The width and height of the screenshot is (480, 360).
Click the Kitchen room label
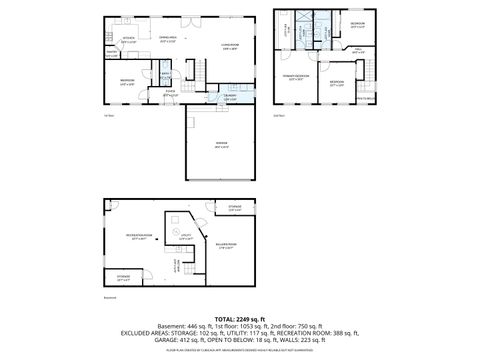tap(128, 40)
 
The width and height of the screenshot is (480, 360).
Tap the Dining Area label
tap(168, 40)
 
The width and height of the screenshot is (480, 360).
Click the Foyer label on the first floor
tap(170, 95)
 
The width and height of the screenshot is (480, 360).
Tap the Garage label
tap(221, 145)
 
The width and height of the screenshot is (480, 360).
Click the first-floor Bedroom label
tap(128, 81)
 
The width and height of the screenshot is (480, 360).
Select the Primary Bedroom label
tap(297, 76)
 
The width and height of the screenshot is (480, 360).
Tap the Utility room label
tap(185, 238)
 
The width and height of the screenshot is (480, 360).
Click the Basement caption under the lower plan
tap(111, 297)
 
